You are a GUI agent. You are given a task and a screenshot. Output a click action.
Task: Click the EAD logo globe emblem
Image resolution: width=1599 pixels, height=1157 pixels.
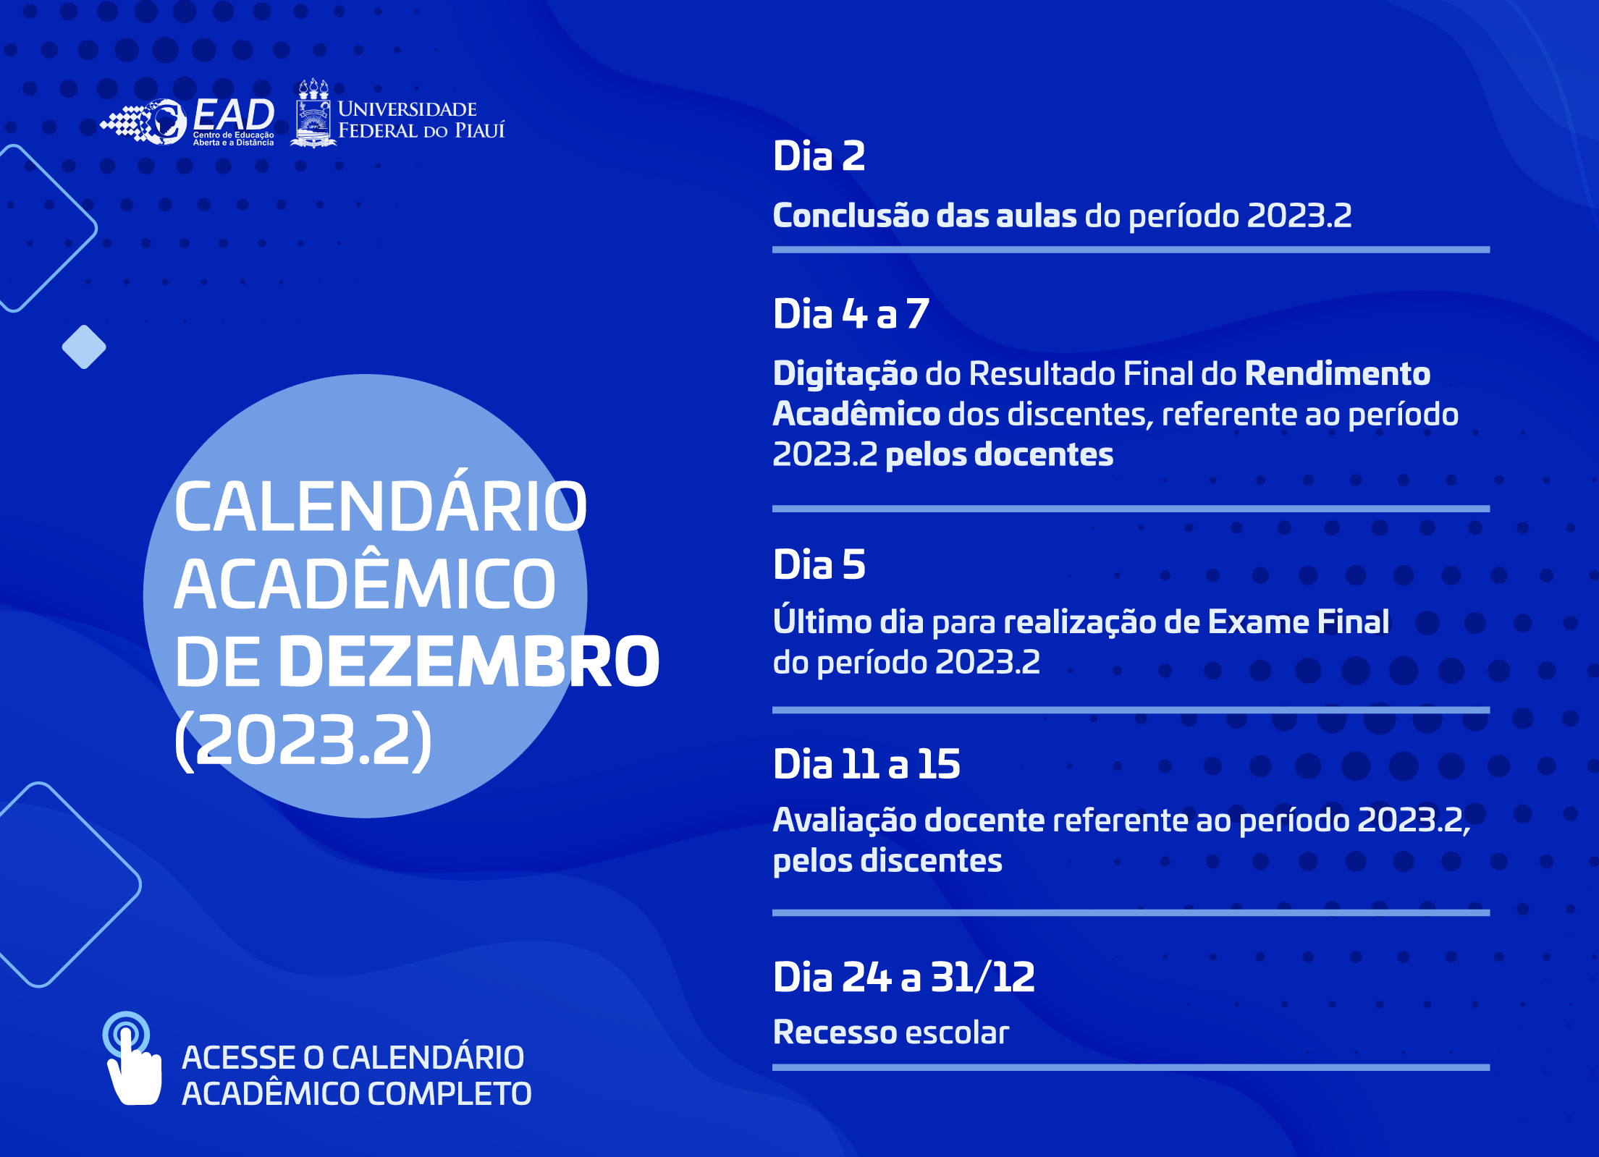(164, 122)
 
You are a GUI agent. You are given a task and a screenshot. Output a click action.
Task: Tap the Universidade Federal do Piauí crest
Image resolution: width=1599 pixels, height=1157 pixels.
(313, 114)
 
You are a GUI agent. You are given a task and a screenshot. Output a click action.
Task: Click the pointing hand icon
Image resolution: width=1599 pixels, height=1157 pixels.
(132, 1059)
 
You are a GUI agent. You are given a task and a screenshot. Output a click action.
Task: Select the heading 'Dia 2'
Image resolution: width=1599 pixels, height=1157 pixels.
(819, 156)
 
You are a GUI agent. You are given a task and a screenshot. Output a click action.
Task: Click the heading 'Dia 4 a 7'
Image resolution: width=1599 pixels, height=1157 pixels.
(851, 314)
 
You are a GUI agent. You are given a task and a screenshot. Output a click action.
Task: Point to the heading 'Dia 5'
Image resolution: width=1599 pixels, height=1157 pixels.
(819, 564)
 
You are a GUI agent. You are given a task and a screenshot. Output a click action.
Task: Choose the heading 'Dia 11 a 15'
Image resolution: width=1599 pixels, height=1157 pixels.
(867, 764)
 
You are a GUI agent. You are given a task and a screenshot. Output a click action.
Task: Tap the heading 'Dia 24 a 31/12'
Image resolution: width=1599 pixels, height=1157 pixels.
(904, 978)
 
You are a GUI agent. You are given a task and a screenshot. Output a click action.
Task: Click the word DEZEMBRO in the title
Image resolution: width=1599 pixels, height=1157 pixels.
(469, 661)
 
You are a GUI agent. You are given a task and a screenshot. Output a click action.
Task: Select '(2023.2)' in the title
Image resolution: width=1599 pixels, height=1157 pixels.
(303, 739)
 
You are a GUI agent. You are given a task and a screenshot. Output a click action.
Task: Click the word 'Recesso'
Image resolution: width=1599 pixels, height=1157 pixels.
(835, 1033)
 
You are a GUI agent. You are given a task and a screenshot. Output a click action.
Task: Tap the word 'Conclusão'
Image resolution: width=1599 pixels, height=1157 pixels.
(851, 216)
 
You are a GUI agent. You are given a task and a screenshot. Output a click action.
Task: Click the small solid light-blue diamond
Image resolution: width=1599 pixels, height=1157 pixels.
(84, 347)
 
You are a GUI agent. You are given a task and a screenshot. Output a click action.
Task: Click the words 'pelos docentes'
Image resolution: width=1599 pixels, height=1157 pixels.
(1000, 455)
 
